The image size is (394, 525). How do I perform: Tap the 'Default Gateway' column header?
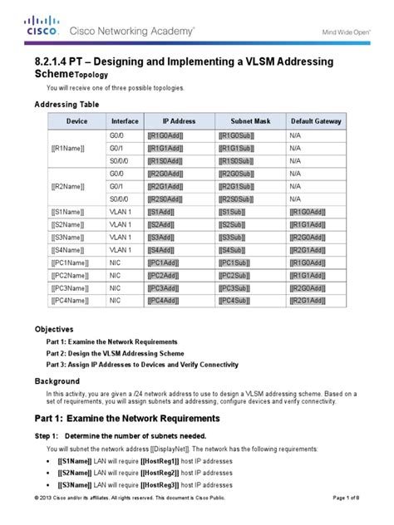pyautogui.click(x=316, y=121)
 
